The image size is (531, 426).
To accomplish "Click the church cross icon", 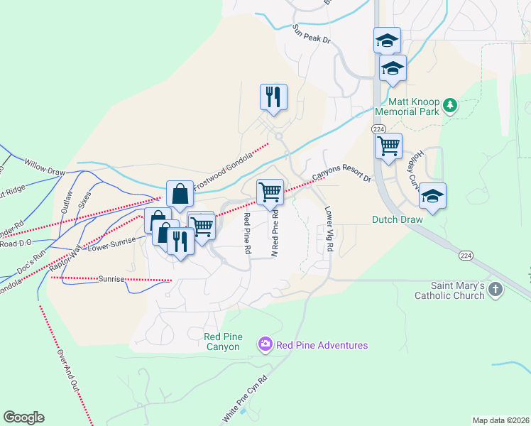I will tap(496, 290).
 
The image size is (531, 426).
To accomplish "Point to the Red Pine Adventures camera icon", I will tap(265, 345).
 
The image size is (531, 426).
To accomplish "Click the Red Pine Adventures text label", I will tap(322, 345).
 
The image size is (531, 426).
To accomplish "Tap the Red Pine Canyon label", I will tap(222, 341).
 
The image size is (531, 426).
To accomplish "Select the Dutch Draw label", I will tap(397, 219).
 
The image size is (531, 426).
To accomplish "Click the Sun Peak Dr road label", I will tap(312, 34).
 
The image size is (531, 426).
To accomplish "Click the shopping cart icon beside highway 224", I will tap(388, 146).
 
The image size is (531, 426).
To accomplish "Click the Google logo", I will tap(23, 417).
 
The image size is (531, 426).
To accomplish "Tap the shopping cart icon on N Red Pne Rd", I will tap(270, 191).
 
